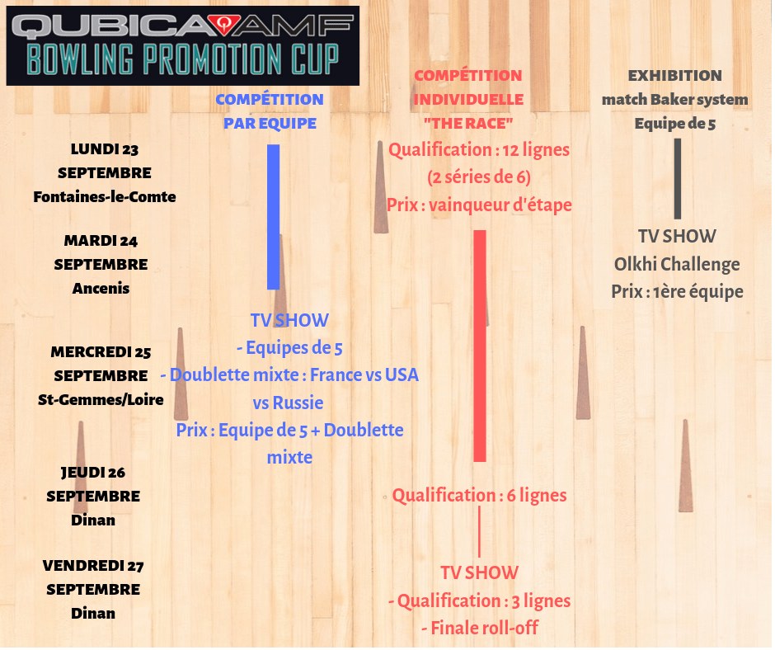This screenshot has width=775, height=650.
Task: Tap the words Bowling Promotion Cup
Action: tap(182, 59)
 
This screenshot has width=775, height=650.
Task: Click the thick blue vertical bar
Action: tap(274, 217)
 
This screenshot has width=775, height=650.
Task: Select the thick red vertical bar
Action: tap(480, 346)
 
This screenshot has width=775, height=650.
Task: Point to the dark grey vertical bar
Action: tap(678, 178)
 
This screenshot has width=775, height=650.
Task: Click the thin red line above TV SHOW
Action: tap(479, 532)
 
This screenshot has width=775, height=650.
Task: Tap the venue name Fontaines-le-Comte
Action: tap(105, 196)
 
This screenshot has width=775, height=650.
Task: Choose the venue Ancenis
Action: tap(101, 289)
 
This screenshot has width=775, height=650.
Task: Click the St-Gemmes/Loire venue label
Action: tap(101, 400)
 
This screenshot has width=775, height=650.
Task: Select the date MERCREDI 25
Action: tap(101, 352)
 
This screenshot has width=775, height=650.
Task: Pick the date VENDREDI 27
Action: tap(93, 566)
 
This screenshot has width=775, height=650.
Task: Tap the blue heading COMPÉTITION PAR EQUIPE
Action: tap(270, 111)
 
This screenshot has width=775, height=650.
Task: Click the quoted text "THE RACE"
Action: tap(468, 124)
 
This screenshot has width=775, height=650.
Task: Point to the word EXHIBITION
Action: tap(675, 76)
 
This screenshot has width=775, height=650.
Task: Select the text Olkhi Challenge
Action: tap(677, 265)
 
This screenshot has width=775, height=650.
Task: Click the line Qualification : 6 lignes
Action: tap(479, 496)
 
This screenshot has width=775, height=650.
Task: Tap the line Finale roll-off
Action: tap(479, 628)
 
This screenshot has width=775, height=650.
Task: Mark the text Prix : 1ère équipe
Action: tap(677, 292)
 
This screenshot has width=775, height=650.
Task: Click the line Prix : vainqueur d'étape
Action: tap(479, 205)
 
